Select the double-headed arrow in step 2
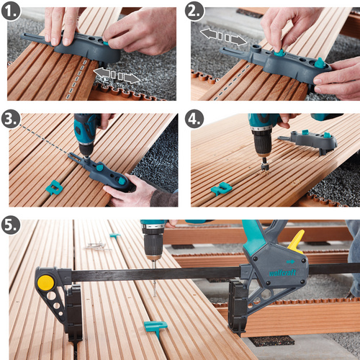[222, 35]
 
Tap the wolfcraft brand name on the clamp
[279, 273]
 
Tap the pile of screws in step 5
[94, 246]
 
